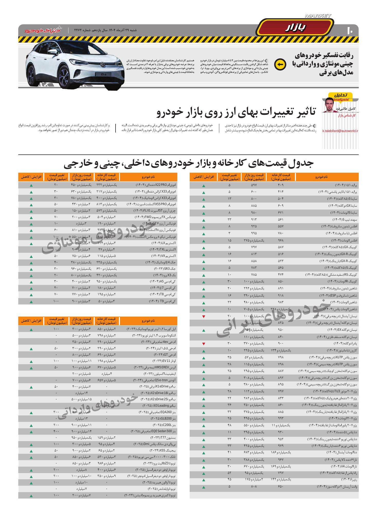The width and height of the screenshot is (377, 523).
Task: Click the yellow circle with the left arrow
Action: click(x=280, y=64)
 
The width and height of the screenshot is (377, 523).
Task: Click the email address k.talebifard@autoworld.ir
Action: click(x=340, y=131)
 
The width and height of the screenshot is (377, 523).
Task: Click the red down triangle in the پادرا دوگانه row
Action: click(x=204, y=344)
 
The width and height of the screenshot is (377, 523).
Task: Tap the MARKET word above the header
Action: click(x=318, y=16)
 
